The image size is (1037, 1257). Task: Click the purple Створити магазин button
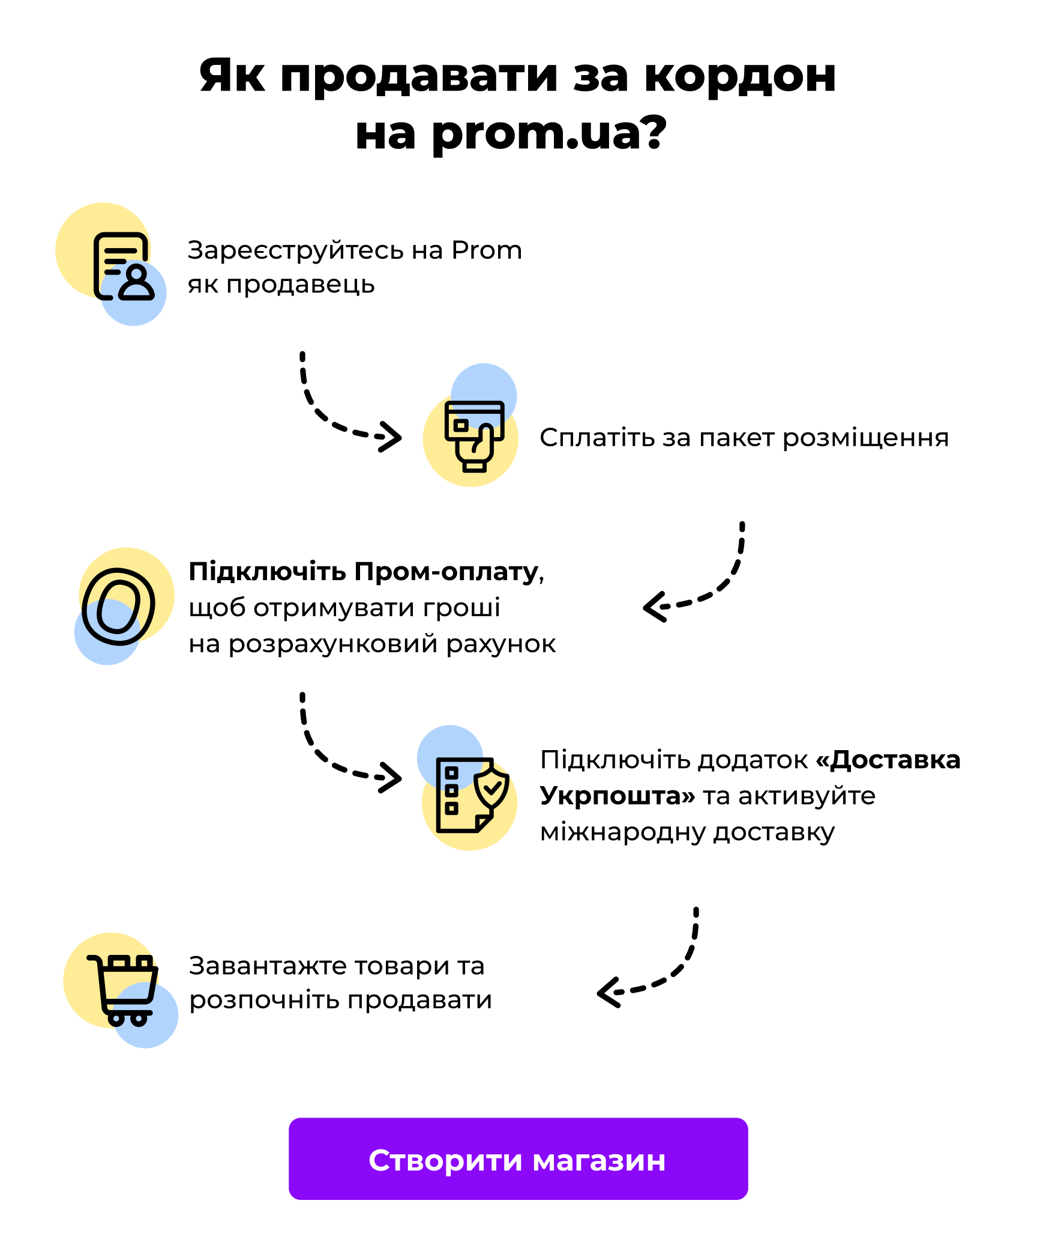coord(518,1159)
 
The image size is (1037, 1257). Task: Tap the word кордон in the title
coord(739,76)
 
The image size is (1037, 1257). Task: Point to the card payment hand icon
coord(473,435)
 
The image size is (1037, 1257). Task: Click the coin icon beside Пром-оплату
coord(118,607)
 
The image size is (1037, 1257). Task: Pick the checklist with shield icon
coord(471,795)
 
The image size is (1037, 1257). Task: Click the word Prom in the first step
coord(486,250)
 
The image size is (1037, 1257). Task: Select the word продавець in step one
coord(301,285)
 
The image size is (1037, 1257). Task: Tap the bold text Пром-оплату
coord(446,572)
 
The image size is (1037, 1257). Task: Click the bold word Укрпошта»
coord(617,796)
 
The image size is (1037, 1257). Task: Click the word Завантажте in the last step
coord(268,966)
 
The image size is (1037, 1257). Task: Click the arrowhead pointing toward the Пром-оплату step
coord(654,607)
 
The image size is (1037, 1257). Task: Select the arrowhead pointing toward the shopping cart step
coord(608,993)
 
